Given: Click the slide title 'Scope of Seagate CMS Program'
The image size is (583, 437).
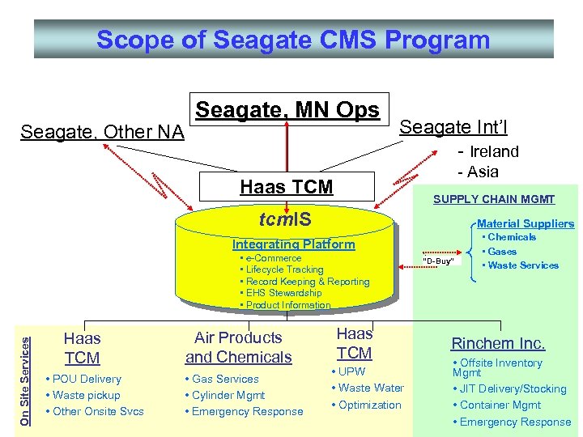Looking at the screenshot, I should coord(293,40).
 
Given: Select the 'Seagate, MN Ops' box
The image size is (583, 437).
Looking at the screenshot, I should coord(287,110).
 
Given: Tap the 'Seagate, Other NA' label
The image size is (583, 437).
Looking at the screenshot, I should coord(102,131).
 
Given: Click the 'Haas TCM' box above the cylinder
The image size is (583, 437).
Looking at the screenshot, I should coord(286,187).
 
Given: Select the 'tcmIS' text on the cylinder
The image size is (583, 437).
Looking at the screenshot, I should coord(284,219).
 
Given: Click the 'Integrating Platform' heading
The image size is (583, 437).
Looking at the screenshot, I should coord(293,244).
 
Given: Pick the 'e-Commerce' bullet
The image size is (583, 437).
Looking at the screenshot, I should coord(273,258).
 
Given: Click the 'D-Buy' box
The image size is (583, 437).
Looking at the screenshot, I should coord(440,261).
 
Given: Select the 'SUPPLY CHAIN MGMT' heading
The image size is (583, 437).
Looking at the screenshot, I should coord(494,199).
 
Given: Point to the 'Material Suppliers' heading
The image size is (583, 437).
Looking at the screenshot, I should coord(526,223).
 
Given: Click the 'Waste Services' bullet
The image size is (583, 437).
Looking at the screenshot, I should coord(523,265).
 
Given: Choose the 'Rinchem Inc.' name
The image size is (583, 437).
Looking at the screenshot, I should coord(498,344).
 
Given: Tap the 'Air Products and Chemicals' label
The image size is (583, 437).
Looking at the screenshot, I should coord(238,347).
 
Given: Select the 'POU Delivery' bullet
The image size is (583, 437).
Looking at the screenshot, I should coord(87,379).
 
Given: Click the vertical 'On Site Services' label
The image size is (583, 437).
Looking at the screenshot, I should coord(25,371).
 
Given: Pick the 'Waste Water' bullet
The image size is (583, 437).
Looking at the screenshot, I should coord(371,388).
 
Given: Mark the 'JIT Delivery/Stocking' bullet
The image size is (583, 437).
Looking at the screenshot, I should coord(513,388).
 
